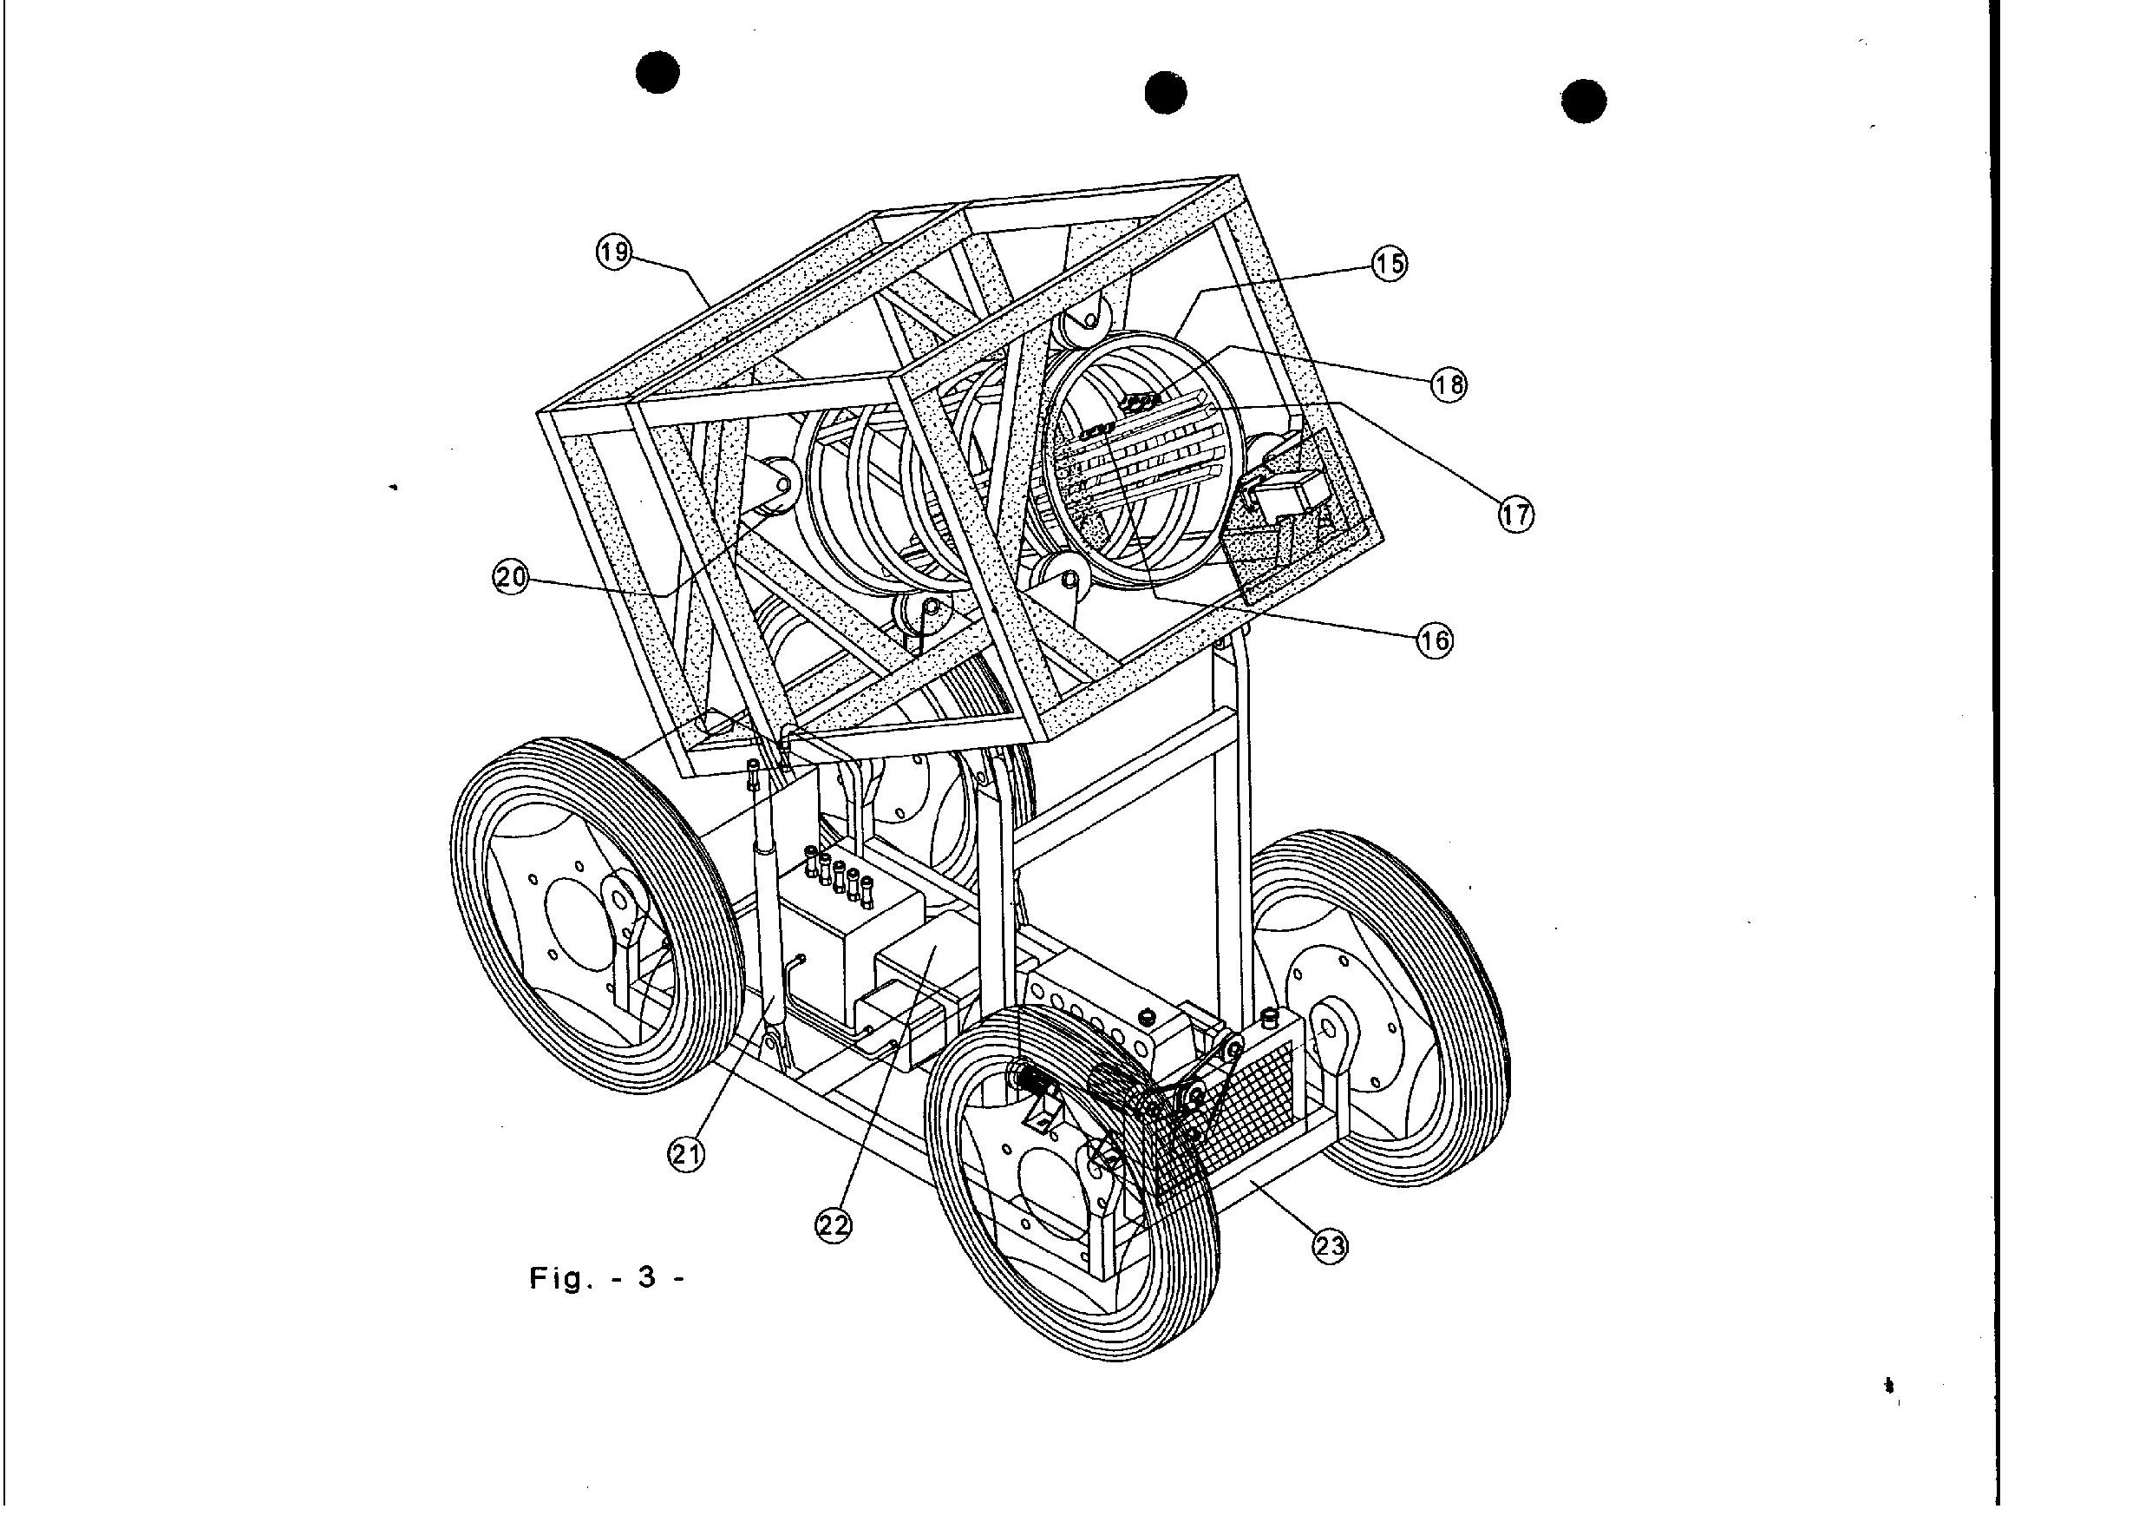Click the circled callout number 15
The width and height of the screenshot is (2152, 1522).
(1390, 265)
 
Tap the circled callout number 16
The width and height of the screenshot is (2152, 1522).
(1434, 640)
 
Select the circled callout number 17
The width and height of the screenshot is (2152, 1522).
(1516, 514)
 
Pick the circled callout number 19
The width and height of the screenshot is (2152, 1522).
(615, 253)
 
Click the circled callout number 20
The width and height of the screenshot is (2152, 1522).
(511, 578)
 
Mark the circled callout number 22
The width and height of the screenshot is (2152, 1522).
(834, 1224)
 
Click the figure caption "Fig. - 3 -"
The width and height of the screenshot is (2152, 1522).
(607, 1278)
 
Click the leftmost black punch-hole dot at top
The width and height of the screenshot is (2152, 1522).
(657, 72)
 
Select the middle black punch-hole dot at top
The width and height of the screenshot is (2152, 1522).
(1166, 93)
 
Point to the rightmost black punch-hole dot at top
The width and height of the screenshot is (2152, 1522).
(1584, 102)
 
